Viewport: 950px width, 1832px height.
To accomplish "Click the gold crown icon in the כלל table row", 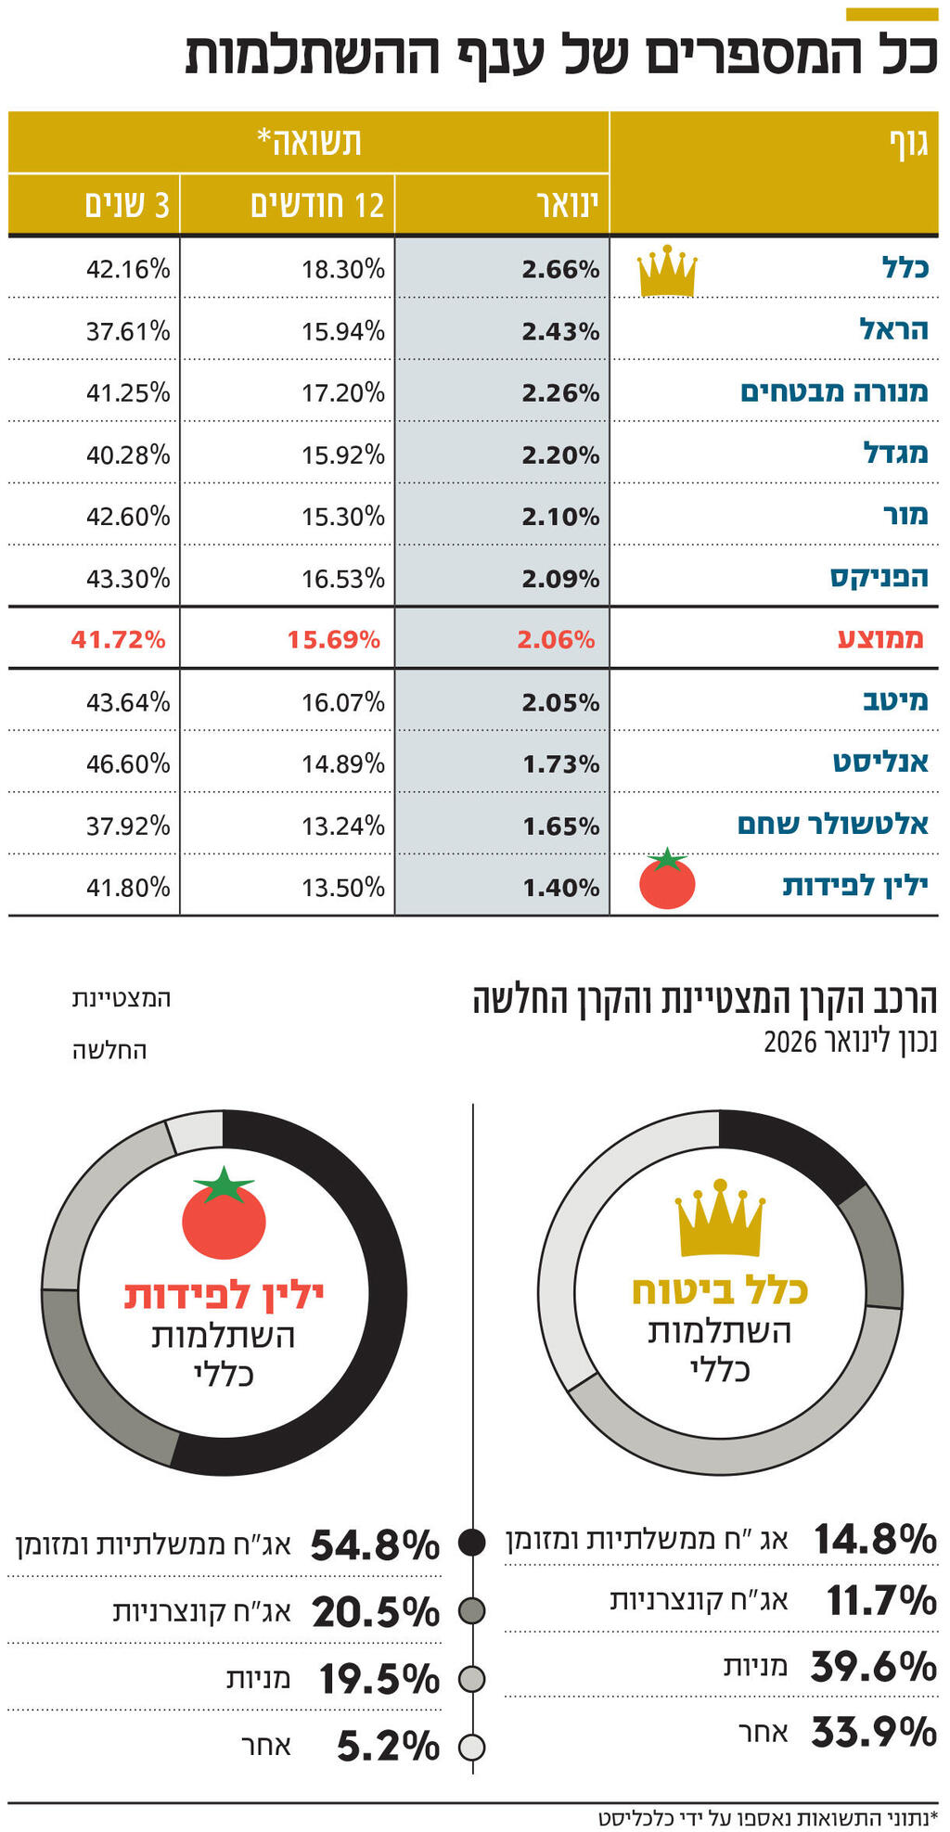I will (667, 272).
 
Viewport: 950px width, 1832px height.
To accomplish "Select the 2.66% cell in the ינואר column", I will (560, 270).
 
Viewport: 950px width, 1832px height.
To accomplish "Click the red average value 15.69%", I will (334, 639).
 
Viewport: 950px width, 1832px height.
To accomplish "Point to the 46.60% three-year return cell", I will (128, 763).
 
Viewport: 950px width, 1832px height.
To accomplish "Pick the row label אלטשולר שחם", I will (833, 824).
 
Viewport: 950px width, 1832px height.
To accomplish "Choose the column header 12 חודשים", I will (317, 205).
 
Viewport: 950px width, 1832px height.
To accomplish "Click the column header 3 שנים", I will (127, 205).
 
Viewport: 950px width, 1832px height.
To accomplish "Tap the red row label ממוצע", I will (880, 639).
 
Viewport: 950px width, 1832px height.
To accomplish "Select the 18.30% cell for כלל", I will (342, 270).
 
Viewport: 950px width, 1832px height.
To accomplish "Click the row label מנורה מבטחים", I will (834, 391).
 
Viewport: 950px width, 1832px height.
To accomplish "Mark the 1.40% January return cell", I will (560, 888).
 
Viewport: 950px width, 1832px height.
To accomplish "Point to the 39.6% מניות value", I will (873, 1667).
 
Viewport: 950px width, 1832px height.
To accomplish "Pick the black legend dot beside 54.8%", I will (471, 1543).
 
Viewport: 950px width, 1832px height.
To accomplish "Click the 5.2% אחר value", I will (388, 1747).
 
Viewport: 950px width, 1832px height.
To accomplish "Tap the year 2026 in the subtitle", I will (790, 1041).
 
